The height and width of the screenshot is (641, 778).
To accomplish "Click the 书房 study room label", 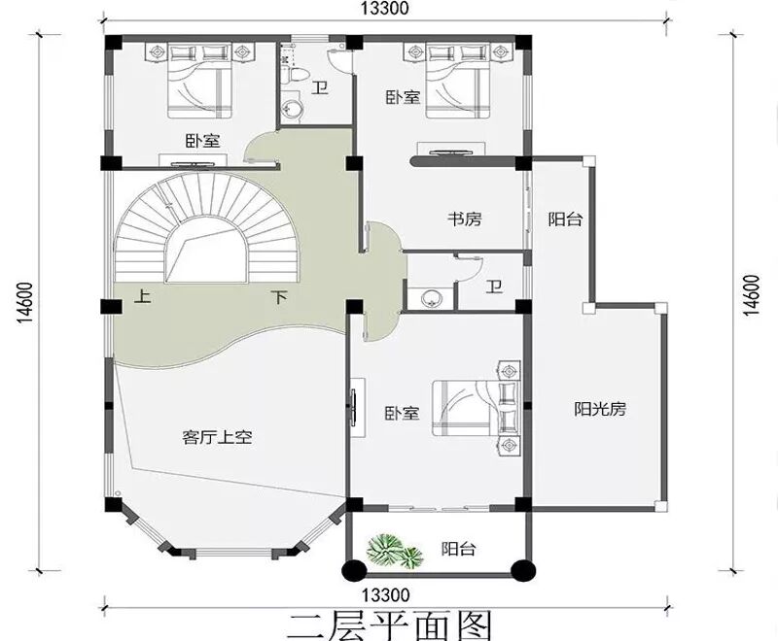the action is click(x=465, y=219).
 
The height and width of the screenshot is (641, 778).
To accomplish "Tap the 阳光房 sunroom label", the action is click(x=600, y=409).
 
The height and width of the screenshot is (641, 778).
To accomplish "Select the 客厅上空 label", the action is click(x=217, y=437).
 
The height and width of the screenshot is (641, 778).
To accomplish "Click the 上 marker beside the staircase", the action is click(x=143, y=297).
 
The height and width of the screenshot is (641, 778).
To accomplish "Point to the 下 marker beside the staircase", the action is click(x=280, y=297).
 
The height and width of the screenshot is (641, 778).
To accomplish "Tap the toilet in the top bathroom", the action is click(x=298, y=76).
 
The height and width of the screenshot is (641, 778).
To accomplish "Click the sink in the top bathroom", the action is click(x=291, y=109).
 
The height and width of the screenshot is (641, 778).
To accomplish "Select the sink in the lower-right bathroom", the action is click(x=432, y=299).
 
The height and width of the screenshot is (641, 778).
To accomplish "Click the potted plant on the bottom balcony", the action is click(x=395, y=551).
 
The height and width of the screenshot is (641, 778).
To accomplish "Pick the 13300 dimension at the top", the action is click(x=385, y=9).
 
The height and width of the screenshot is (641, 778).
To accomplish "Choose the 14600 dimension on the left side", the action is click(x=25, y=303).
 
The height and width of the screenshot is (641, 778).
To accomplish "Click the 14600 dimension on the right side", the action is click(x=752, y=295).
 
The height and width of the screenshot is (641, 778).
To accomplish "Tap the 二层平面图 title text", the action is click(x=389, y=626).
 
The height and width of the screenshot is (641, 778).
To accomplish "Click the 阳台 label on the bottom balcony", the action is click(x=458, y=549).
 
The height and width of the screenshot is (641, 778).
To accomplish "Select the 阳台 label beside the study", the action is click(x=565, y=219).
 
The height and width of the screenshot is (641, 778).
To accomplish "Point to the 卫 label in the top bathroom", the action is click(x=320, y=88).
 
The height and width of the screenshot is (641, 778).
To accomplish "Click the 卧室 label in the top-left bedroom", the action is click(x=203, y=141).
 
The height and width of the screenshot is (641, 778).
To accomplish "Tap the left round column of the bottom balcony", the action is click(x=353, y=570).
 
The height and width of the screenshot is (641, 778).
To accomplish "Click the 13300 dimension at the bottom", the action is click(x=385, y=594).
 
